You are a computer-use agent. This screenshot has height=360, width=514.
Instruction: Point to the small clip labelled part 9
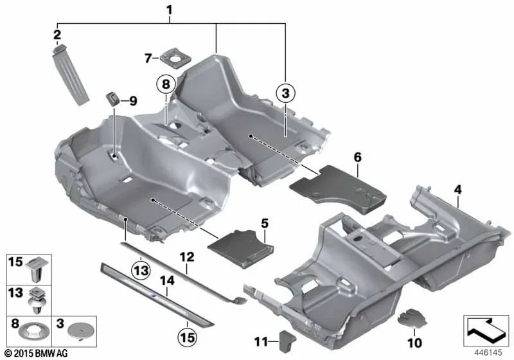[x=114, y=99]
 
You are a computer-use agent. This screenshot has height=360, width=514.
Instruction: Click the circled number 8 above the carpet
[x=165, y=84]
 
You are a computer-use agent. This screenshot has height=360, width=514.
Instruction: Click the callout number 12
[x=186, y=256]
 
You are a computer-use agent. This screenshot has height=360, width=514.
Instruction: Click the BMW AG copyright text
[x=35, y=354]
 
